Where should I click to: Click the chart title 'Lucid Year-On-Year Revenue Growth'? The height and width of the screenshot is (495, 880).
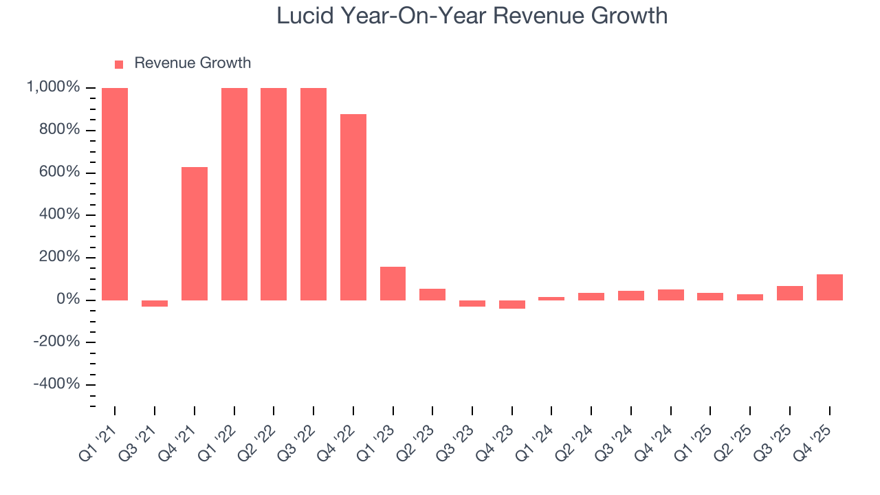point(472,15)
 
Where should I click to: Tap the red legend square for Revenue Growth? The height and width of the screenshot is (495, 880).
point(119,64)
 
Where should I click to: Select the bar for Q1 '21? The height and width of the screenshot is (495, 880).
point(115,194)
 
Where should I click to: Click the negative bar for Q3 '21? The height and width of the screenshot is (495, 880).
point(155,303)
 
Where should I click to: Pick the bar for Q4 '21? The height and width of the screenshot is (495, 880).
point(195,234)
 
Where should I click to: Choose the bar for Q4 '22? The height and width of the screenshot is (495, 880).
point(353,207)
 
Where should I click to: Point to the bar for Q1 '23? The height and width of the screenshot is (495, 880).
point(393,283)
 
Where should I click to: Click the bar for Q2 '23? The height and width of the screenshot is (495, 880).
point(432,294)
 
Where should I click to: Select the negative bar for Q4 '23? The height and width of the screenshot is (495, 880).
point(512,305)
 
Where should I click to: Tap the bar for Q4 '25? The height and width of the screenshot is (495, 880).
point(830,287)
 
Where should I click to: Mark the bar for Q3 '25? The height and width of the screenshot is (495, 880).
point(790,293)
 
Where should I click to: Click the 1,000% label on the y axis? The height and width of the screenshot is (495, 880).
point(53,88)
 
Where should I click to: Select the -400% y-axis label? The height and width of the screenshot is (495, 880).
point(56,384)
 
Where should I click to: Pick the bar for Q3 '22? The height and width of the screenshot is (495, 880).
point(313,194)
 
